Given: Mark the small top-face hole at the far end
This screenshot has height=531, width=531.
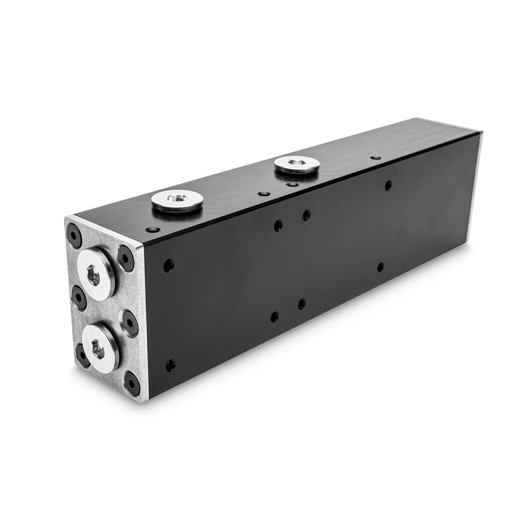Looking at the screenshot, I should tap(375, 158).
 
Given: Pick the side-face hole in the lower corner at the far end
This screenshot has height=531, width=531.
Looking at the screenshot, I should tap(381, 267).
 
